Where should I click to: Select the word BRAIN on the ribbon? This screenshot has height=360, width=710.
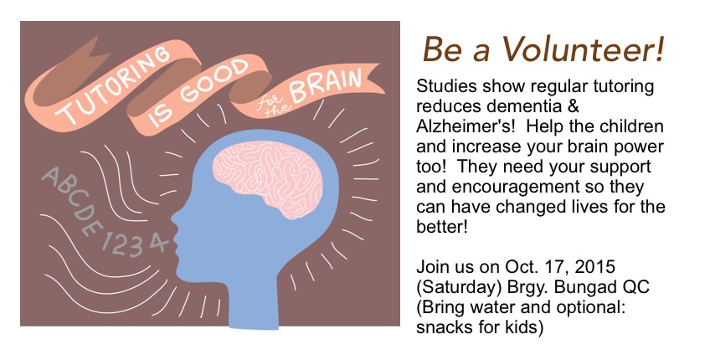[326, 85]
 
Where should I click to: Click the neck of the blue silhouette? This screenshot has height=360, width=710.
[255, 303]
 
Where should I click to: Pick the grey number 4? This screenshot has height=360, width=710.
[157, 243]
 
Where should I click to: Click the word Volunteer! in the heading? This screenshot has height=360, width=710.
[582, 49]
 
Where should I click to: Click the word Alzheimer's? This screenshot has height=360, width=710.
[466, 126]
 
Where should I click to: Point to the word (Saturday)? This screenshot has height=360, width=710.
[459, 287]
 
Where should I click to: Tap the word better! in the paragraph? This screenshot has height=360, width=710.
[441, 226]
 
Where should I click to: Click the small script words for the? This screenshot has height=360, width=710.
[271, 105]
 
